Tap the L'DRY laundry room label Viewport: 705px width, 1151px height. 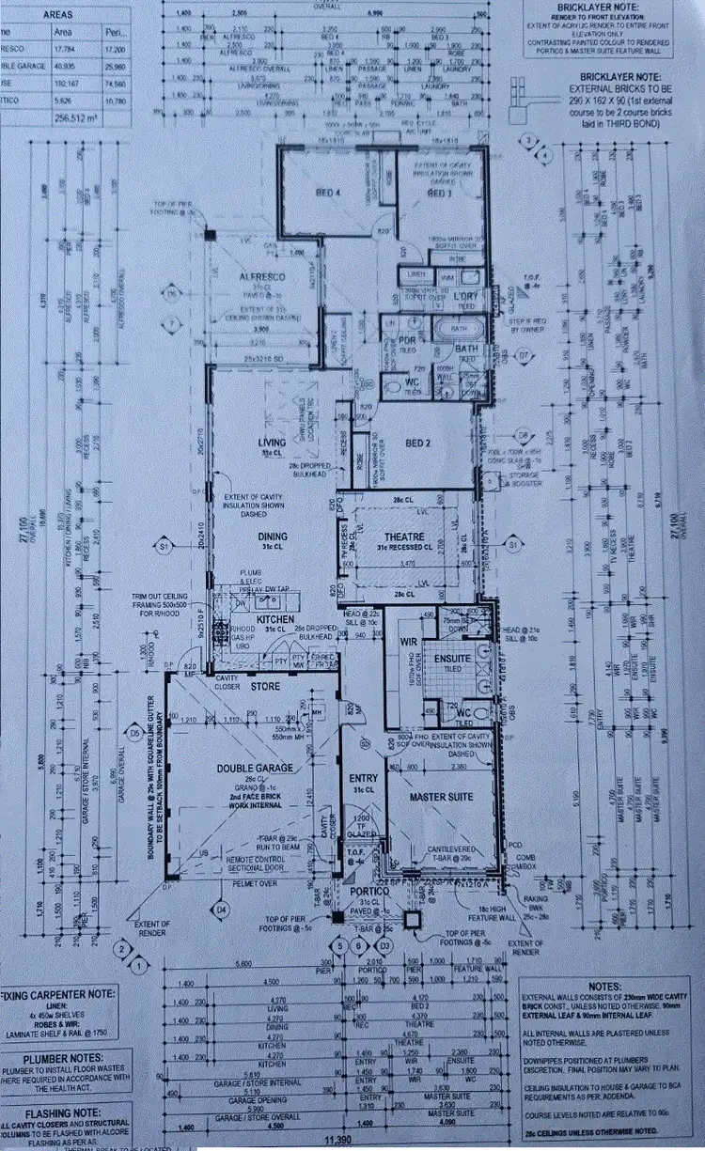(465, 298)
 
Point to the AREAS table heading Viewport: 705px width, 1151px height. (59, 15)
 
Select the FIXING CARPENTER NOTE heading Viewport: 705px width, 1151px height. (56, 994)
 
